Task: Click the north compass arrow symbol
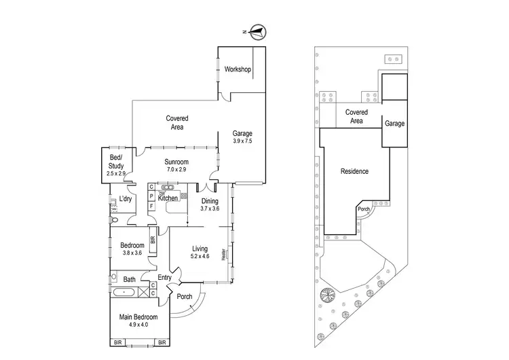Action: pos(257,30)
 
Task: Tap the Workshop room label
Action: pos(238,70)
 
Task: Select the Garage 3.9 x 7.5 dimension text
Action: pos(242,141)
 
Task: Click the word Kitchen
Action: pos(168,198)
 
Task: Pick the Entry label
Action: pos(164,277)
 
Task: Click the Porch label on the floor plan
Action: pos(184,296)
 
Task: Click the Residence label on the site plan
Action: pos(354,171)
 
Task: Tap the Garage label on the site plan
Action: pos(395,124)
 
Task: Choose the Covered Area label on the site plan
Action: pos(356,116)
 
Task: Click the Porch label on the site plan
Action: pos(364,209)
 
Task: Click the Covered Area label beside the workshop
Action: pos(177,122)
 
